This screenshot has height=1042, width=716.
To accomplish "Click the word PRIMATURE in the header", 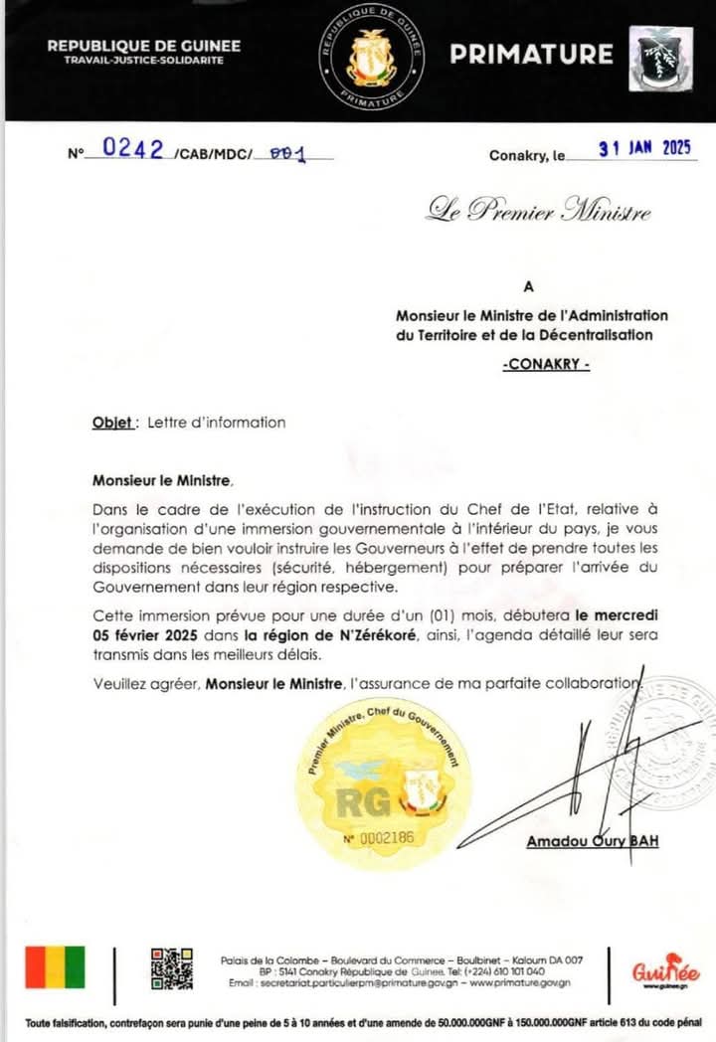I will click(531, 54).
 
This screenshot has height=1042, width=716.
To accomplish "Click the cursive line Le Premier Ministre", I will click(540, 211).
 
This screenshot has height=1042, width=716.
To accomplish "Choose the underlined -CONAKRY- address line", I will click(546, 365).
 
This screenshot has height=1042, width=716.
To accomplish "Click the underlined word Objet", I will click(112, 423).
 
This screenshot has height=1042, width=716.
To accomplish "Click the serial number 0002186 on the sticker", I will click(379, 839).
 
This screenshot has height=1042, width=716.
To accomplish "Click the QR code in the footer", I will click(171, 968).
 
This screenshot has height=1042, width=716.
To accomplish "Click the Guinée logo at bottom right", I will click(666, 971).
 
